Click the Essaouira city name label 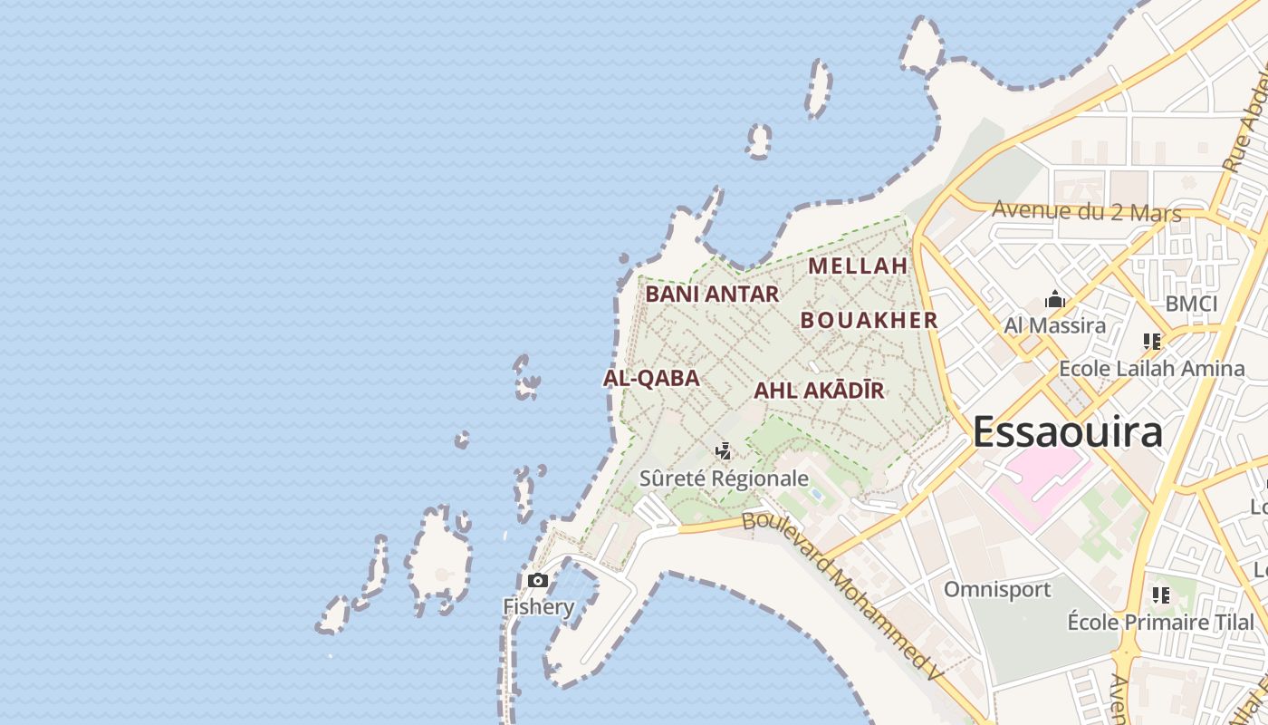1067,432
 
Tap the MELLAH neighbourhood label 858,266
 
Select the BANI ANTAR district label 712,294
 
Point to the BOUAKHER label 869,320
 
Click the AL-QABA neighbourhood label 651,378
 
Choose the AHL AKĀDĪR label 819,391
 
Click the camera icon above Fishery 538,580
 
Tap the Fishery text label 538,606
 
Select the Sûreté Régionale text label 724,478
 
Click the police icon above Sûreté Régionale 723,450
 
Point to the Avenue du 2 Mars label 1087,211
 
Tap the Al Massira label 1054,325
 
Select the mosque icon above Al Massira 1054,300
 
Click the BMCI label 1191,304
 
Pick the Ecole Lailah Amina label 1152,368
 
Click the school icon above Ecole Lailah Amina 1152,342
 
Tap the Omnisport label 997,589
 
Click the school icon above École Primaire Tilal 1161,595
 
